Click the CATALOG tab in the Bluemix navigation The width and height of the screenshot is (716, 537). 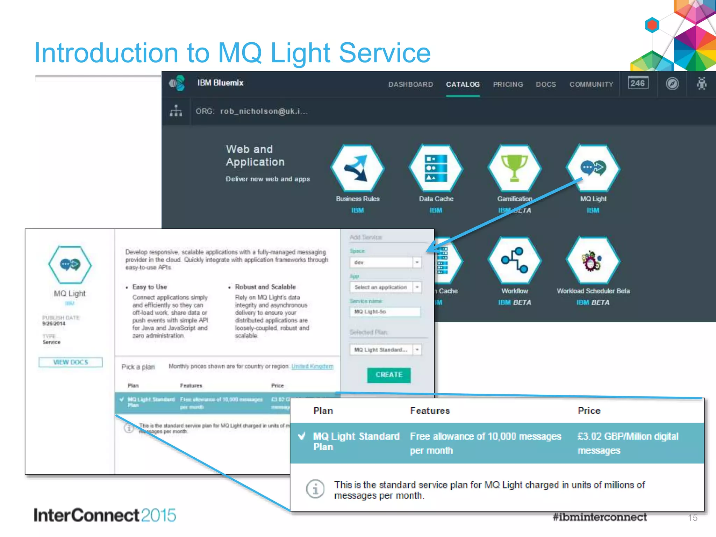463,84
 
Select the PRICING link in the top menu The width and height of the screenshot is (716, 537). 508,84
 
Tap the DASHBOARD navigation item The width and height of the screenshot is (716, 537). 410,84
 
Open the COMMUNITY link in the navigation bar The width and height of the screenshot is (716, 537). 591,84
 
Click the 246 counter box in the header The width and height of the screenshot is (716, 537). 638,83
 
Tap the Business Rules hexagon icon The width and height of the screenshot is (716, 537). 357,168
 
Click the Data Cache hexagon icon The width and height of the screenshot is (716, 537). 436,168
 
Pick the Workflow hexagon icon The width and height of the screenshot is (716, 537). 514,260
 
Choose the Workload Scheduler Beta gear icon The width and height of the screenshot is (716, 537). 593,260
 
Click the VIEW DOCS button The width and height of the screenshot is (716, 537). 71,362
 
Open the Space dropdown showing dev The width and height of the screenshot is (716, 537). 385,262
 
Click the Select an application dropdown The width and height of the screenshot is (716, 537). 385,287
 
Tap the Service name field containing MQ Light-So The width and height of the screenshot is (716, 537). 385,312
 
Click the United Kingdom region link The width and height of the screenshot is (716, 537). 312,366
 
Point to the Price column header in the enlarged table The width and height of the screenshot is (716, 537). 589,411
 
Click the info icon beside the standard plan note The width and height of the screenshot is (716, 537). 315,489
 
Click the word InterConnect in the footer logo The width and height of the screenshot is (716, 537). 86,515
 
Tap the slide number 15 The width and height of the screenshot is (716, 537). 693,518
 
